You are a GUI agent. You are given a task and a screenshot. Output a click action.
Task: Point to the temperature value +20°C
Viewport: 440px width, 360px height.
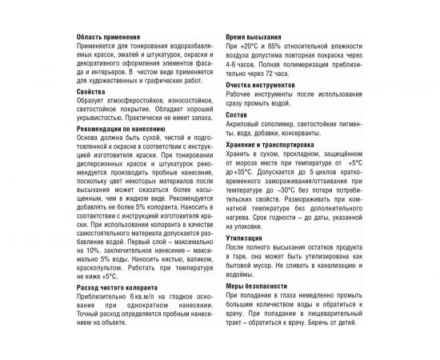[250, 46]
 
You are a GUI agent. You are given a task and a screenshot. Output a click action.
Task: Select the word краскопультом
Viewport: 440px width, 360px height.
[101, 269]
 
